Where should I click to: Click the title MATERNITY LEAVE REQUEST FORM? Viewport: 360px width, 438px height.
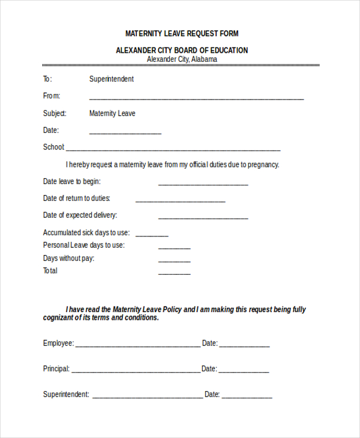[182, 34]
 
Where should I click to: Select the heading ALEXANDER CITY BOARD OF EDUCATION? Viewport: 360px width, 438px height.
[182, 50]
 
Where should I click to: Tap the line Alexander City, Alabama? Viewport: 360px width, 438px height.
[182, 59]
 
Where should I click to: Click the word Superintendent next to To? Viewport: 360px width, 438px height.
[112, 79]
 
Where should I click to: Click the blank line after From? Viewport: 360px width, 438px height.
[196, 98]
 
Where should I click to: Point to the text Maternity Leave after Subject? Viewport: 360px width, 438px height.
[112, 113]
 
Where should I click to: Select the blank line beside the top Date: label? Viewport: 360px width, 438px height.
[125, 133]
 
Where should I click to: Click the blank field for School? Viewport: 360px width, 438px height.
[173, 149]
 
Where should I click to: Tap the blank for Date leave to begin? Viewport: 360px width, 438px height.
[203, 184]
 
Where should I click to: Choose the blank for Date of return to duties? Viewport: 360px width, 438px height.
[180, 201]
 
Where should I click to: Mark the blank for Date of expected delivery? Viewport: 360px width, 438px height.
[203, 218]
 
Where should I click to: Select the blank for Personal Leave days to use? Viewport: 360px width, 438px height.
[174, 248]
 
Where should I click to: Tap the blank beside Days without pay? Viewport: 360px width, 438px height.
[174, 261]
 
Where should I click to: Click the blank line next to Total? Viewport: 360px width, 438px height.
[174, 274]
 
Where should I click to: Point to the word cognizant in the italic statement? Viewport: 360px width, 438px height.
[59, 318]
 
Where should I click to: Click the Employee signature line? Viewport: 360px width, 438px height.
[137, 346]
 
